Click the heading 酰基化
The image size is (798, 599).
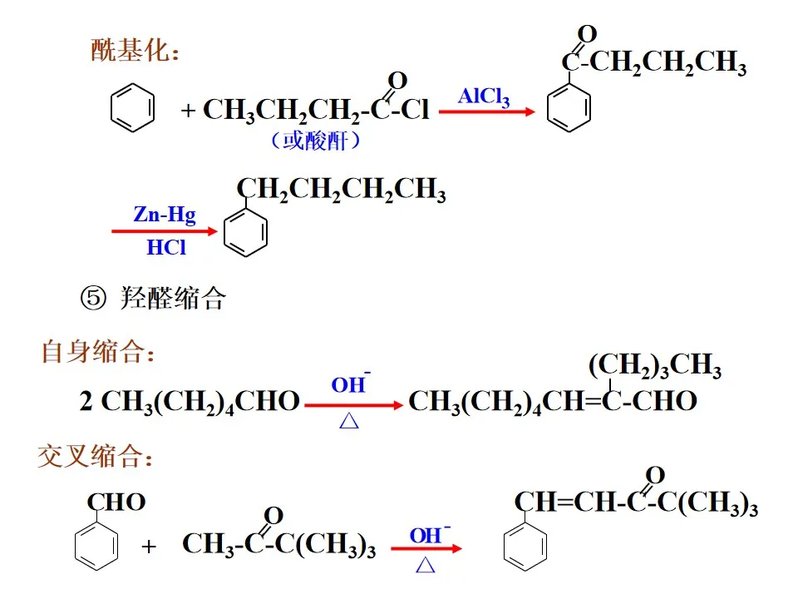(x=135, y=51)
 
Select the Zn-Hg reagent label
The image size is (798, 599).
(x=165, y=215)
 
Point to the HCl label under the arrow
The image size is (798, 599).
(x=166, y=247)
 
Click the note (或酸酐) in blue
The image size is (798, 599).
(x=315, y=141)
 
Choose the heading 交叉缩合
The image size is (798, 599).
(x=98, y=457)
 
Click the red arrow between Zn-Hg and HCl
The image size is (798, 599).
(x=164, y=231)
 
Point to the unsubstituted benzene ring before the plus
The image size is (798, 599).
(x=132, y=109)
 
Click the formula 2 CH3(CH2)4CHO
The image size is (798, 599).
(x=190, y=402)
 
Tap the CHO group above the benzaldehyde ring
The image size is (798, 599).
(x=116, y=502)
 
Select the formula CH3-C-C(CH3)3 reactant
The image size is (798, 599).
(x=278, y=545)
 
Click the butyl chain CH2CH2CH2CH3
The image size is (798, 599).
(x=341, y=190)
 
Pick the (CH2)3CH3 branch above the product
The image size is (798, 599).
(x=654, y=366)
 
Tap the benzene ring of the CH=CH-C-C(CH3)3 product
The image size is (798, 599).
(x=525, y=547)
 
